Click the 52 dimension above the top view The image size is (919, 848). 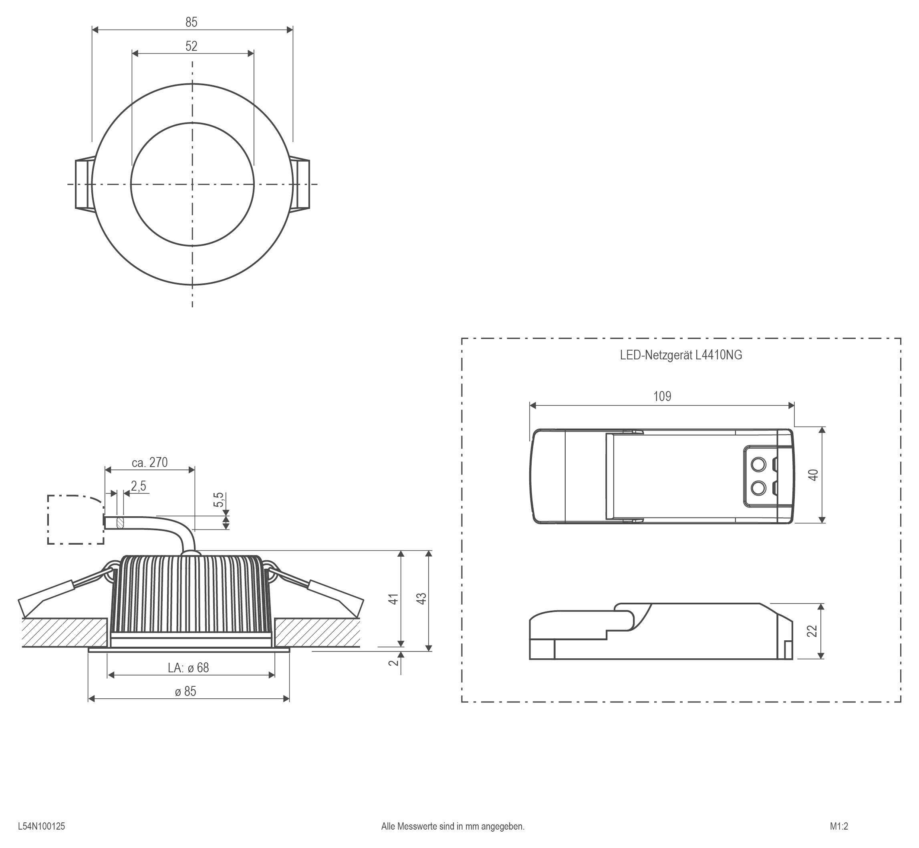click(191, 46)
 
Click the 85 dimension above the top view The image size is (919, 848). click(191, 22)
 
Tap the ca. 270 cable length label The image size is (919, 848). click(150, 463)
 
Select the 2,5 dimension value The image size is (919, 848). click(138, 486)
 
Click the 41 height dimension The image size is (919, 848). click(393, 599)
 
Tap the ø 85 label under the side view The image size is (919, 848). click(185, 692)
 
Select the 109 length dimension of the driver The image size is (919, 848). click(662, 397)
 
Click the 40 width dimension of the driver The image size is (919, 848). click(813, 475)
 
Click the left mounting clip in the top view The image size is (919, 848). click(84, 184)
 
